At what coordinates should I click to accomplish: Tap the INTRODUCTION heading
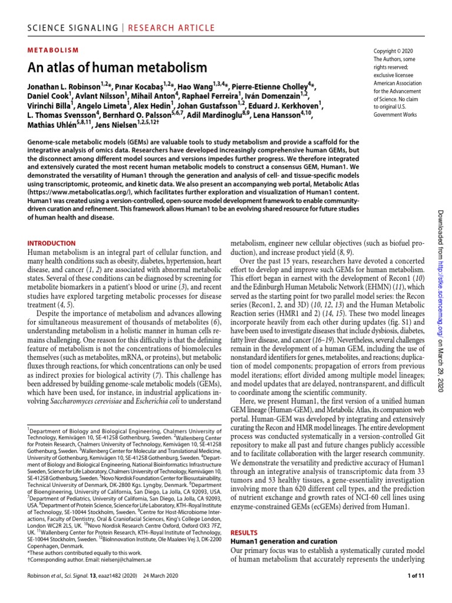pos(52,243)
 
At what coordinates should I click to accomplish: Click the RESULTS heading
pos(244,532)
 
